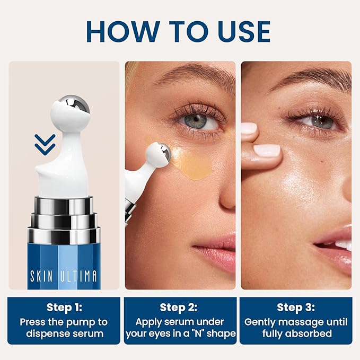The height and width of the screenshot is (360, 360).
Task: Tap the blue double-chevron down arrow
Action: tap(45, 144)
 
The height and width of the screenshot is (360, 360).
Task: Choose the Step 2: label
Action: tap(181, 308)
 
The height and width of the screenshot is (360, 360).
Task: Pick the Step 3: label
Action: tap(295, 308)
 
